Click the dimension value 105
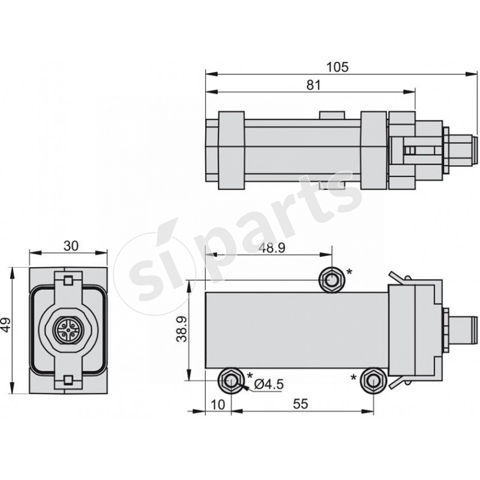tap(338, 67)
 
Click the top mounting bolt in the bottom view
tap(331, 279)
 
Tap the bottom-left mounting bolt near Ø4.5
tap(230, 380)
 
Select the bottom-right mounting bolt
tap(373, 380)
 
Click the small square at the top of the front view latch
tap(68, 280)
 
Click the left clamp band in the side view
tap(230, 150)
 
